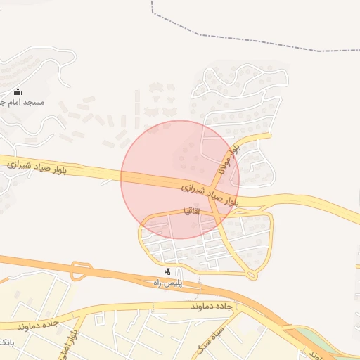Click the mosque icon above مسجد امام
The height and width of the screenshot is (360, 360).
point(18,92)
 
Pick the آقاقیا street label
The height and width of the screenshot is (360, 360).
point(191,210)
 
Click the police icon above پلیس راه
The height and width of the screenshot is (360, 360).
point(167,271)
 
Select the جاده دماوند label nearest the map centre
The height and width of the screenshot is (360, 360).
point(210,307)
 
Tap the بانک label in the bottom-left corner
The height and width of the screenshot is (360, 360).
point(6,342)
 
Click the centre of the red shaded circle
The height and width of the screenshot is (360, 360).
point(180,179)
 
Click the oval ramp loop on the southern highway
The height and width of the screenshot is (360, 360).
point(80,270)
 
